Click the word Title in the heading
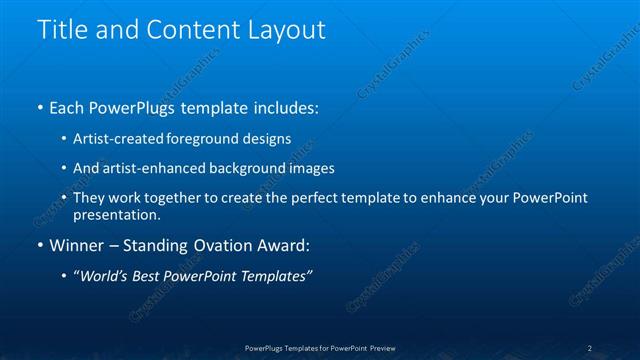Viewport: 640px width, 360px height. coord(61,30)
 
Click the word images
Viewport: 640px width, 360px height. coord(308,168)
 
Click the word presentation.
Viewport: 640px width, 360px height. coord(115,214)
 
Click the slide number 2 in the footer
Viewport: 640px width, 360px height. coord(590,348)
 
